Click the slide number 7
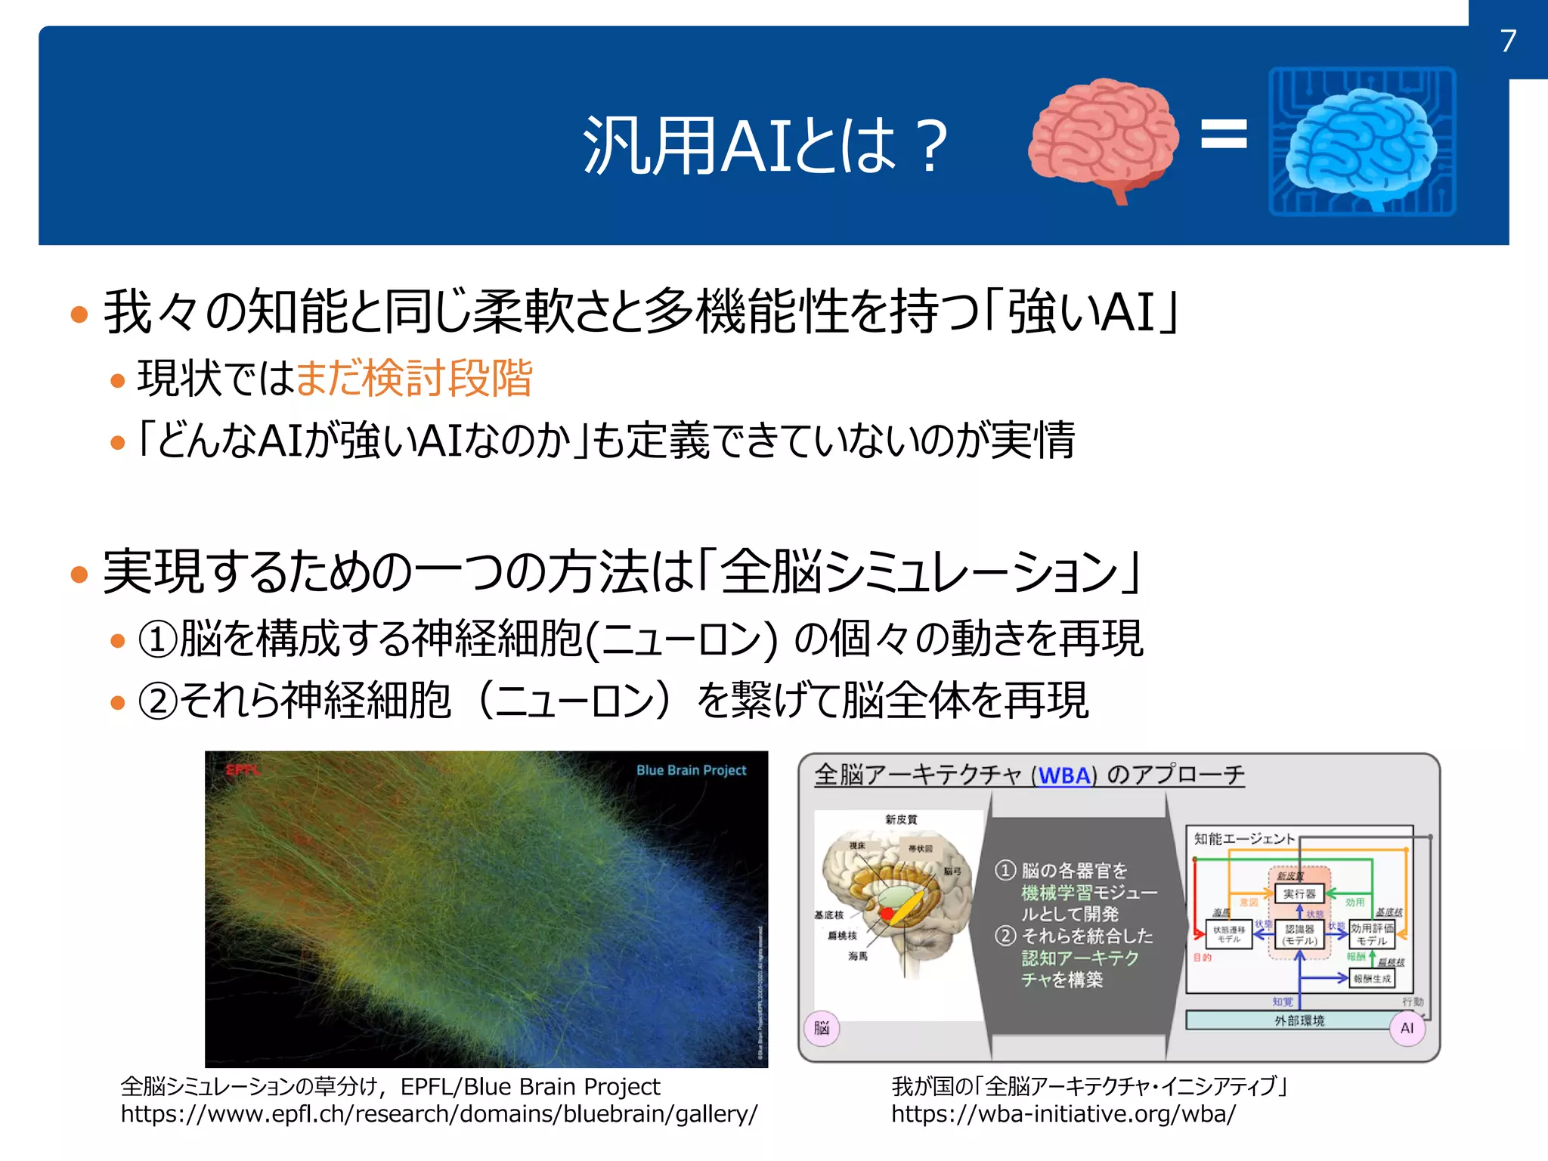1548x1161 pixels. pos(1507,41)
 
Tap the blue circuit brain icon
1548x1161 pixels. pos(1362,141)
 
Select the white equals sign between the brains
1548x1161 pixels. pos(1224,134)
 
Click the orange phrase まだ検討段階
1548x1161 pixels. pos(414,378)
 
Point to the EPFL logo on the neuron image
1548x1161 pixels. pos(243,770)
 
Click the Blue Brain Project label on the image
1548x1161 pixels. pos(691,770)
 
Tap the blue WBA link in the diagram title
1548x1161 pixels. pos(1064,776)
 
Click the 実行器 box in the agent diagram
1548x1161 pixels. pos(1299,893)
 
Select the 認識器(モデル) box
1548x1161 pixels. pos(1299,935)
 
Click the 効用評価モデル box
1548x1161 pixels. pos(1372,934)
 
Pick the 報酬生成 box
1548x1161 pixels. pos(1372,979)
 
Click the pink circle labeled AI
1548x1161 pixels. pos(1407,1028)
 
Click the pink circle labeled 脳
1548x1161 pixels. pos(822,1028)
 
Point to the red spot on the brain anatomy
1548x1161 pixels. pos(886,914)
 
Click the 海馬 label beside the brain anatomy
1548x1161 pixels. pos(857,956)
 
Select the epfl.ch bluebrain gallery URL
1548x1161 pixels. pos(438,1114)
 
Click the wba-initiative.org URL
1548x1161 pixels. pos(1063,1114)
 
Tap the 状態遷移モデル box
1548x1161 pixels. pos(1229,934)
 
